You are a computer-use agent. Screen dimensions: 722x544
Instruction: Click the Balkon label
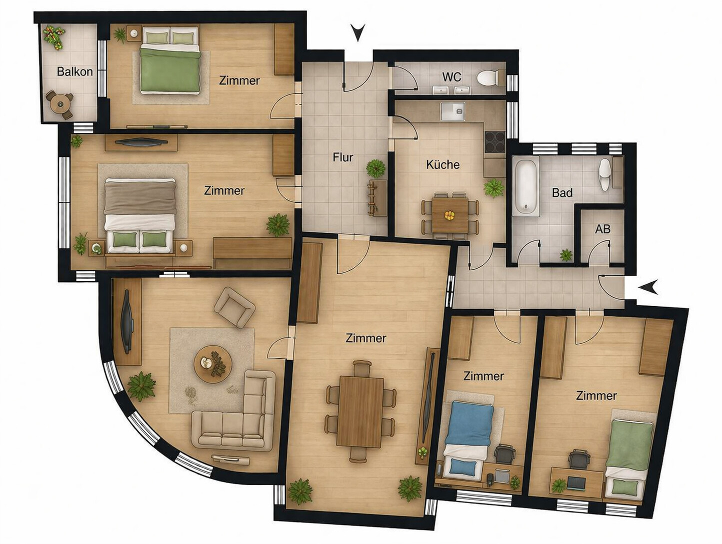[x=74, y=71]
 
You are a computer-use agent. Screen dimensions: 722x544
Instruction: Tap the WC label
[x=451, y=77]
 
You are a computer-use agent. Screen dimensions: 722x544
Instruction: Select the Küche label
[x=442, y=164]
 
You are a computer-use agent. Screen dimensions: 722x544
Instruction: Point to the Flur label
[x=342, y=157]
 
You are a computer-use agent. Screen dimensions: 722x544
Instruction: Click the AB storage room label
[x=602, y=229]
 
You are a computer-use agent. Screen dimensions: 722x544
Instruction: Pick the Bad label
[x=562, y=192]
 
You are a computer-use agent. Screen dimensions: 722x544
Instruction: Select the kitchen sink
[x=452, y=111]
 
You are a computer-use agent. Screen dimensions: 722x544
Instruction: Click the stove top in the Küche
[x=494, y=142]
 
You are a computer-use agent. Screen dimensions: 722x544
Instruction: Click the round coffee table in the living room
[x=213, y=364]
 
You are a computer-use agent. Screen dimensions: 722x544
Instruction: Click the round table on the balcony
[x=60, y=104]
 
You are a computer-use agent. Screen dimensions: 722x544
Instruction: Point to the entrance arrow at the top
[x=358, y=32]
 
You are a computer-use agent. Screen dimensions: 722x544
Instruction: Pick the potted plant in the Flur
[x=375, y=168]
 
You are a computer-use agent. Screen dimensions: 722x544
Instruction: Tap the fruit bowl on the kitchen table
[x=449, y=215]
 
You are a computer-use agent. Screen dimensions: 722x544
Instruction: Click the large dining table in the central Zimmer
[x=361, y=412]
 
